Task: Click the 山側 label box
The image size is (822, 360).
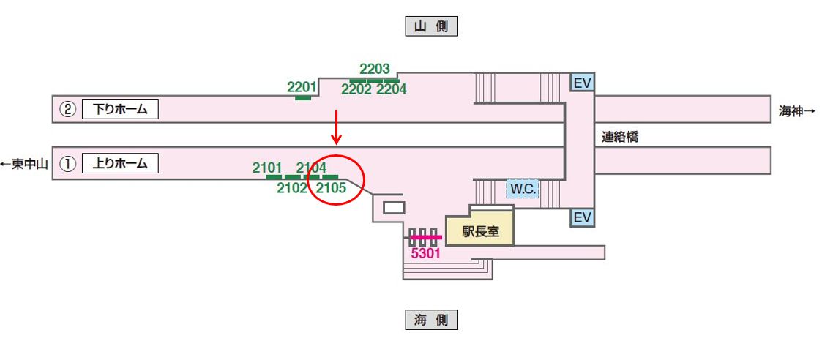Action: (431, 26)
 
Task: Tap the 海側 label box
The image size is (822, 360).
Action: (431, 320)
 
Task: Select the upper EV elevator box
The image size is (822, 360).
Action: (582, 83)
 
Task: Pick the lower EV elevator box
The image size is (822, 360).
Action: (582, 217)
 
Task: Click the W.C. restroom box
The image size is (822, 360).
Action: (523, 190)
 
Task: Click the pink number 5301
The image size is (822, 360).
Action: (425, 254)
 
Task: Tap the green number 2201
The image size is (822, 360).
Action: (302, 87)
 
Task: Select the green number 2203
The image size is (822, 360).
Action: (375, 70)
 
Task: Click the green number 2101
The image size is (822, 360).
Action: (267, 168)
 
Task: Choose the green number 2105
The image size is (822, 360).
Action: (330, 188)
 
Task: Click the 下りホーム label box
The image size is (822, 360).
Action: (120, 110)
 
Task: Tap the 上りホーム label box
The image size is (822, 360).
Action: (120, 163)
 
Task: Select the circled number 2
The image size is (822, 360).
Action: (67, 110)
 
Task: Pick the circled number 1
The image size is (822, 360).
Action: (67, 164)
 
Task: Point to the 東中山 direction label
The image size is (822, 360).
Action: (24, 164)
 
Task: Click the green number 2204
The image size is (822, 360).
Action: (391, 89)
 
